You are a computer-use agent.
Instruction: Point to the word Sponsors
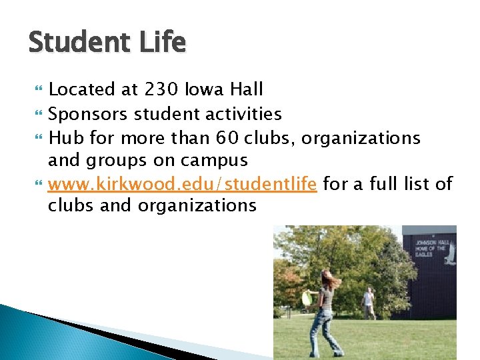click(x=88, y=114)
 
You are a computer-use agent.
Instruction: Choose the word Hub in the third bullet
click(x=64, y=138)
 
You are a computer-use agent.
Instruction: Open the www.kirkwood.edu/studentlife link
click(x=182, y=183)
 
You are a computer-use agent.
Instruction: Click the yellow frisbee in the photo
click(x=308, y=298)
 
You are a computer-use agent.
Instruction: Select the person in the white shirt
click(x=367, y=302)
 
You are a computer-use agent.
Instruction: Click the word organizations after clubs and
click(x=197, y=205)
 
